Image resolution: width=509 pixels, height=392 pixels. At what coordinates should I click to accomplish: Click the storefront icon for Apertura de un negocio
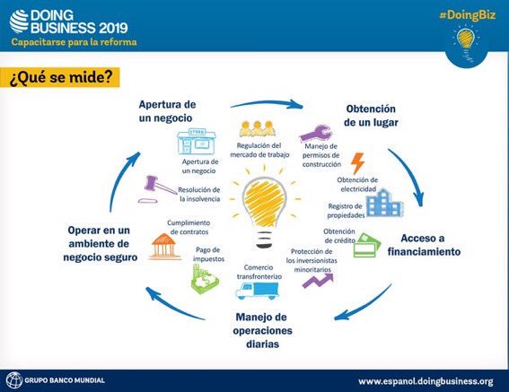[196, 142]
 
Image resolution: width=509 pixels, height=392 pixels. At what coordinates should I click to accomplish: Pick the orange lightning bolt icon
[357, 162]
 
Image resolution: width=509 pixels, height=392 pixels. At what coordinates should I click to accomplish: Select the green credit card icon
[365, 245]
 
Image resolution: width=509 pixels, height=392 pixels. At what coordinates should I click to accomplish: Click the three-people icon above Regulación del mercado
[259, 128]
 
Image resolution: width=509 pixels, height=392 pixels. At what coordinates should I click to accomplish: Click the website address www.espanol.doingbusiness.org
[426, 380]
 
